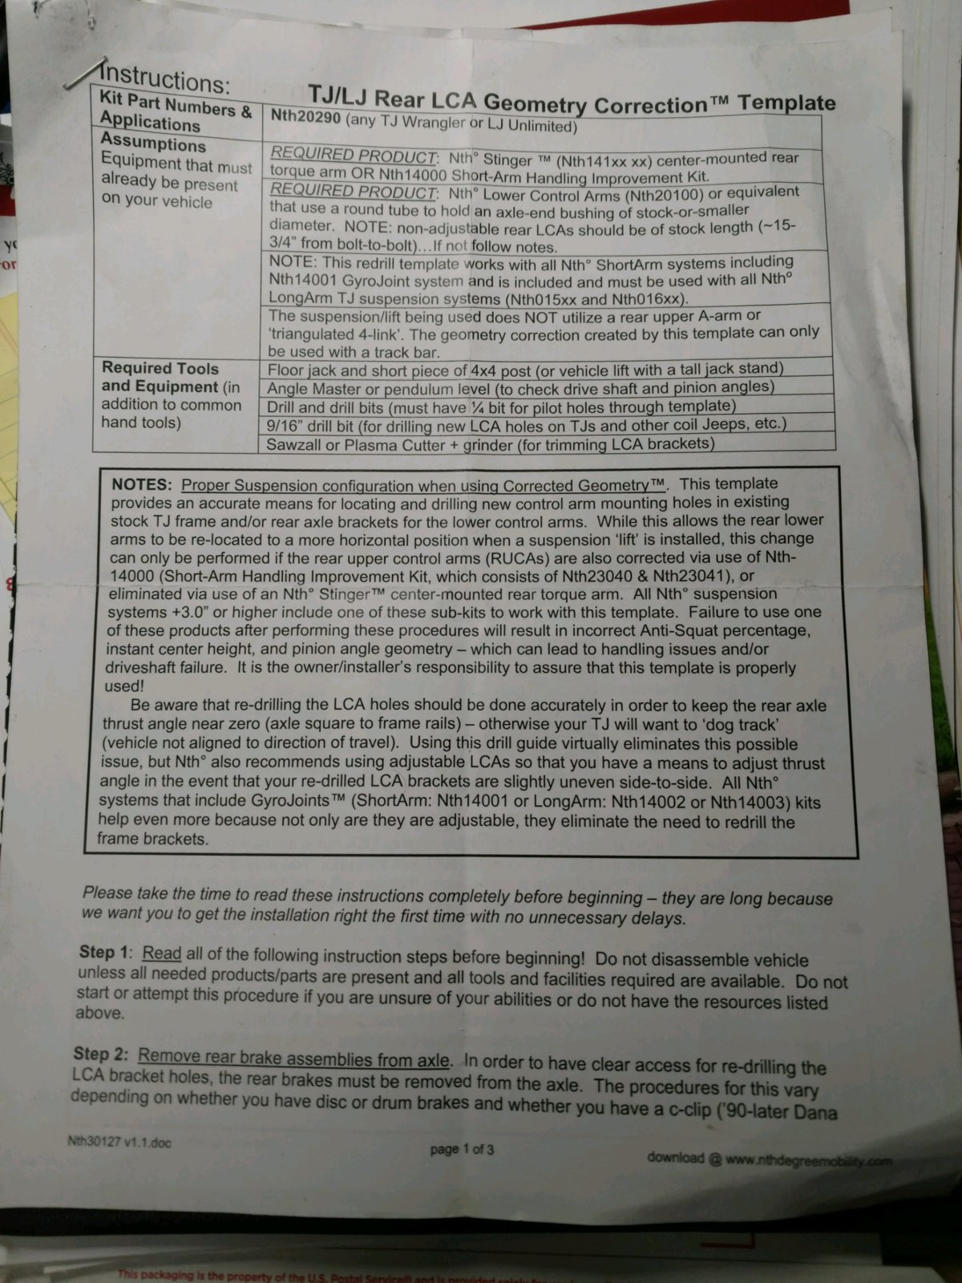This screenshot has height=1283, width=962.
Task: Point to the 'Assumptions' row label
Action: pyautogui.click(x=152, y=144)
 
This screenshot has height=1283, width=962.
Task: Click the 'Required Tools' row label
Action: pyautogui.click(x=160, y=368)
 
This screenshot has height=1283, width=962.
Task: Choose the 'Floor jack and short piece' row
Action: pyautogui.click(x=525, y=370)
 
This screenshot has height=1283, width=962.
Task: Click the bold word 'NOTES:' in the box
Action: pyautogui.click(x=142, y=485)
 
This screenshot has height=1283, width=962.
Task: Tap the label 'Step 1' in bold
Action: pyautogui.click(x=103, y=953)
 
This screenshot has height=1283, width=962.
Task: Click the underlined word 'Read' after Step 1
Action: pyautogui.click(x=161, y=953)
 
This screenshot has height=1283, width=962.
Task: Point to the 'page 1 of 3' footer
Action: pyautogui.click(x=462, y=1149)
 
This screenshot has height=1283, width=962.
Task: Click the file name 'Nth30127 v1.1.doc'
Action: pyautogui.click(x=119, y=1142)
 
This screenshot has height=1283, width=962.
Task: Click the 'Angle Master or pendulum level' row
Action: pyautogui.click(x=521, y=388)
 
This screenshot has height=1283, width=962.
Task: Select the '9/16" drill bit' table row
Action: pyautogui.click(x=527, y=424)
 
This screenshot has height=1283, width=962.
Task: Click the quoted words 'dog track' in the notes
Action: pyautogui.click(x=750, y=724)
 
